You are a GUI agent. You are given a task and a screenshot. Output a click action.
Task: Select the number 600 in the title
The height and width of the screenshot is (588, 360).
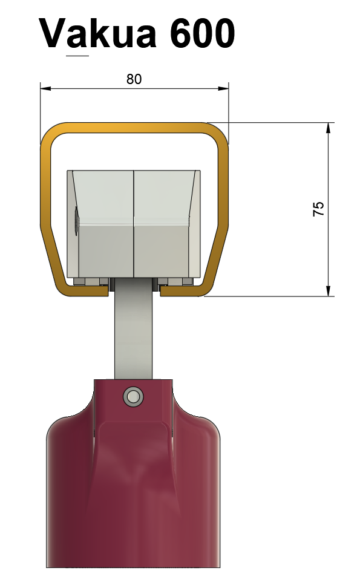coord(203,33)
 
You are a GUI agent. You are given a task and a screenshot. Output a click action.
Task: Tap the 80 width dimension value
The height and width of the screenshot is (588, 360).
coord(134,79)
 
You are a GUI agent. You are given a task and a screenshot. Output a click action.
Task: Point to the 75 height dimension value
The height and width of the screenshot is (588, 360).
coord(318,209)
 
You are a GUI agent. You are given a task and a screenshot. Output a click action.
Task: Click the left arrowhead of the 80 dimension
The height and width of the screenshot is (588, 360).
coord(45,88)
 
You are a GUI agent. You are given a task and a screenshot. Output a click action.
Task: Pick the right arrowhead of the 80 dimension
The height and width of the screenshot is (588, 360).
coord(223,88)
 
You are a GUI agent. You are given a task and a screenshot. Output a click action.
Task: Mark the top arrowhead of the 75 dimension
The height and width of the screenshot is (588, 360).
coord(329,128)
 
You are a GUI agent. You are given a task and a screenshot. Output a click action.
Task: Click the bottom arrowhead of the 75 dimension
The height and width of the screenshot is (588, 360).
coord(329,291)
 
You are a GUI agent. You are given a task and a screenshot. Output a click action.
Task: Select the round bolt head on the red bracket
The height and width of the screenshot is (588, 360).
coord(133,396)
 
